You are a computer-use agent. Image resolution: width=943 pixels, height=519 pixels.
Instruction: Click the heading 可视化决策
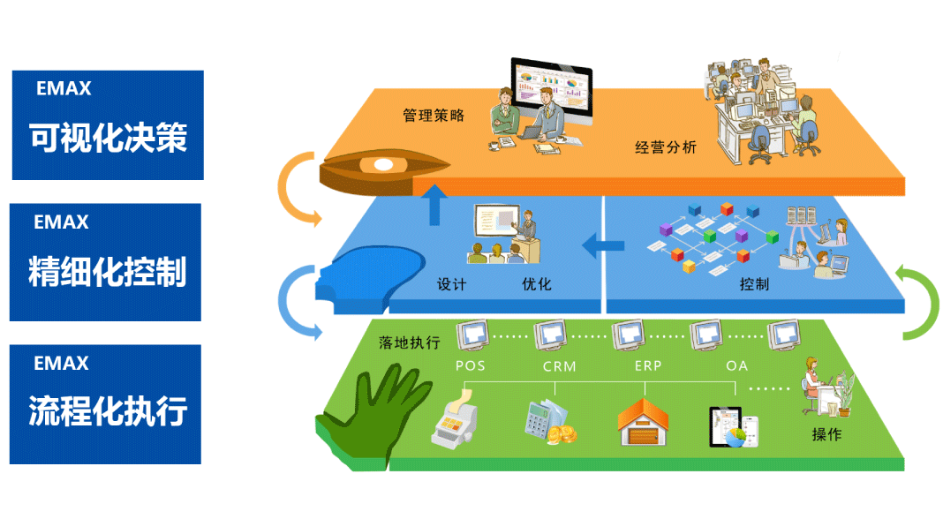pos(108,138)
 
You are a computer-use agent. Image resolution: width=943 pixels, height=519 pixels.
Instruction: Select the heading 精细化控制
pos(107,273)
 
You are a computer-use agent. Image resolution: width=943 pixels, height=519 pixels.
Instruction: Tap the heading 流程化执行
pos(107,412)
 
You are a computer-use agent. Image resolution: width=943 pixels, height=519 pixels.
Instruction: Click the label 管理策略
pos(434,116)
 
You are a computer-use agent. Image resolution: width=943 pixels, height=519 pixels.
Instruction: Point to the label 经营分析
pos(666,147)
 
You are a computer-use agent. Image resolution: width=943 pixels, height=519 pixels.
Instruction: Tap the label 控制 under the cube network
pos(754,284)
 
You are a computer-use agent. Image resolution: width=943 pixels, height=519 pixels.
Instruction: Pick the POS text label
pos(471,365)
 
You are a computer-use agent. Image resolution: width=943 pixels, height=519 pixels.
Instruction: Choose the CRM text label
pos(559,365)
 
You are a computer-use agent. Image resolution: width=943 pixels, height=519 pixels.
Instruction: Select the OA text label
pos(737,365)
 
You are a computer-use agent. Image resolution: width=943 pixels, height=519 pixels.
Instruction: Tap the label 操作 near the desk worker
pos(826,434)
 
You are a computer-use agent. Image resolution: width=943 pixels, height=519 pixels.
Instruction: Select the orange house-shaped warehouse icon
pos(642,422)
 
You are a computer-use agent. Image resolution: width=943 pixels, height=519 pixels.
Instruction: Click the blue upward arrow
pos(433,205)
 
